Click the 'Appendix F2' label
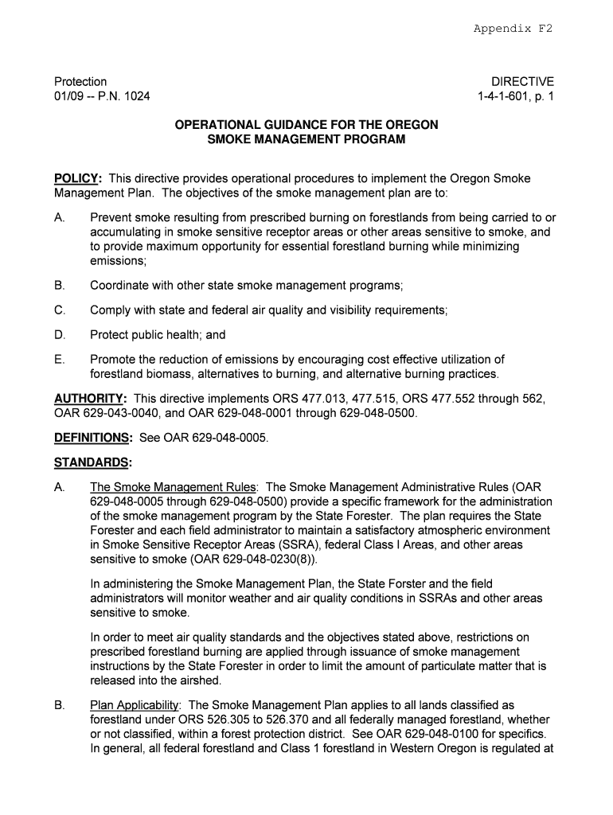tap(513, 29)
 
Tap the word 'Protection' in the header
tap(80, 81)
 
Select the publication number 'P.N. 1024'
tap(123, 96)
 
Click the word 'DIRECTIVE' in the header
tap(522, 81)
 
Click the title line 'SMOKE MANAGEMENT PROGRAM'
tap(306, 139)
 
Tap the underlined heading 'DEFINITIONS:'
tap(93, 438)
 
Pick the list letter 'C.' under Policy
tap(60, 310)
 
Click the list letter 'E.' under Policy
tap(60, 360)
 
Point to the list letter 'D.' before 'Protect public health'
tap(60, 335)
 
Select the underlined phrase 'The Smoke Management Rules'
tap(174, 487)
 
